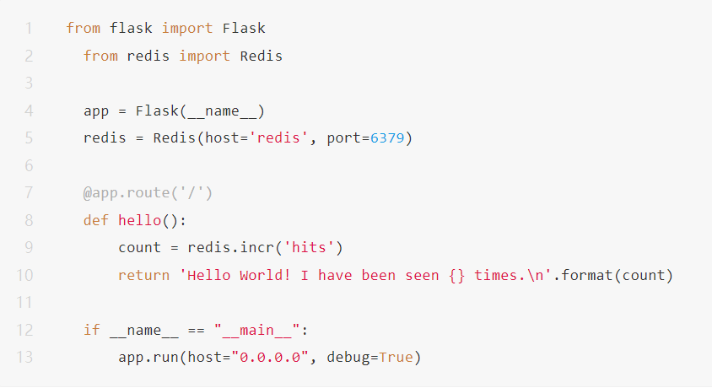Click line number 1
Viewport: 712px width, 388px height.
(x=29, y=29)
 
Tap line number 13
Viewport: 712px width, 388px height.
(x=24, y=358)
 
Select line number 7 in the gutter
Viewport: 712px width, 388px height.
(x=29, y=193)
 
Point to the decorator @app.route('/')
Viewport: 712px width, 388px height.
(x=148, y=193)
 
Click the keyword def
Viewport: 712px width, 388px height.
(x=96, y=220)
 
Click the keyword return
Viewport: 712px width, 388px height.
(x=143, y=275)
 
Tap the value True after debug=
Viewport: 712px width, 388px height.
(x=396, y=358)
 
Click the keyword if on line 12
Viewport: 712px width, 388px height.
(x=92, y=330)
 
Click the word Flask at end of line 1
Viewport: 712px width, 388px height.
(x=244, y=29)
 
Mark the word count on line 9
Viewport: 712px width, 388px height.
(x=139, y=248)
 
